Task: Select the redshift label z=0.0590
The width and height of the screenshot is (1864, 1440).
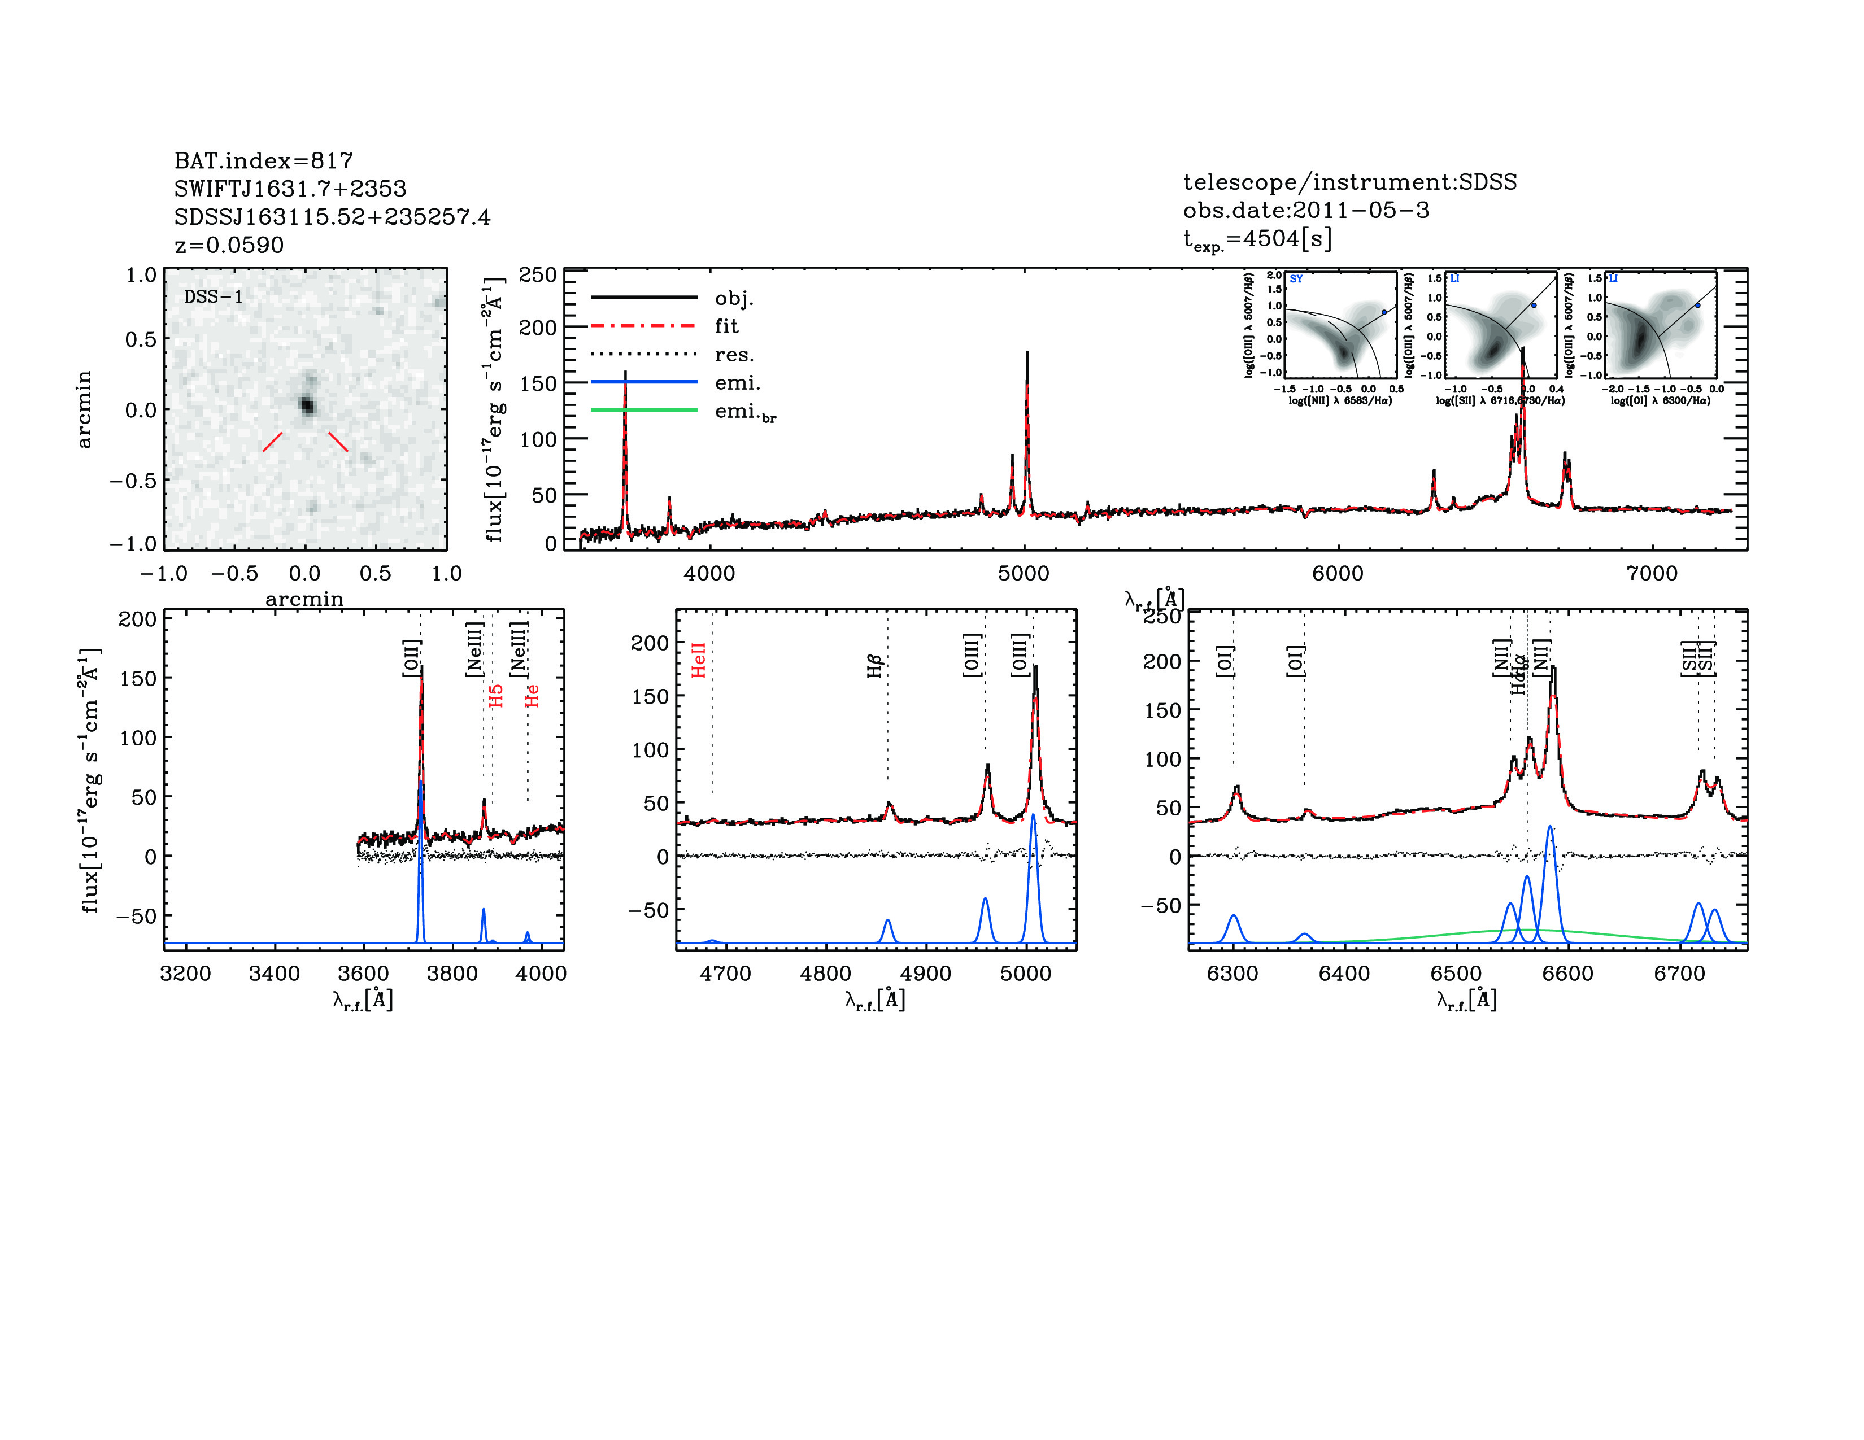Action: point(229,245)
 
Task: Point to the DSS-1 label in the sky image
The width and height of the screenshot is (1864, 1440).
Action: point(214,297)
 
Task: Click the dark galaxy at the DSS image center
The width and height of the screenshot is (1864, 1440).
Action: point(306,405)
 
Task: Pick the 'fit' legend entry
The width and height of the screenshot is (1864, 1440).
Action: point(726,326)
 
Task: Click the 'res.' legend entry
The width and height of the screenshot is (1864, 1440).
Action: point(734,354)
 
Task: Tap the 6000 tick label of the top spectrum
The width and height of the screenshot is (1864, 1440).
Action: point(1338,573)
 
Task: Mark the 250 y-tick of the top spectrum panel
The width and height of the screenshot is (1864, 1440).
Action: point(538,274)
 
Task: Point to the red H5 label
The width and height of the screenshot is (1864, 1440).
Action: point(497,695)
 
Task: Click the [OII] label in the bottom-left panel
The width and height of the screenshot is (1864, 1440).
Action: point(412,658)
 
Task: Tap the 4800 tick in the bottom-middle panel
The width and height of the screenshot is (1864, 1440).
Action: point(825,974)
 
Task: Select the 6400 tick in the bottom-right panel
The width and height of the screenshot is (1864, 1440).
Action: point(1344,974)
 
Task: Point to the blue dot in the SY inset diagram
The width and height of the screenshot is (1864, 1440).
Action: point(1383,312)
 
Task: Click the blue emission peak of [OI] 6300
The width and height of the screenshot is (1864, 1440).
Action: point(1233,915)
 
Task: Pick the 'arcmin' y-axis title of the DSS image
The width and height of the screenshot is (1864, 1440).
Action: point(84,409)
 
